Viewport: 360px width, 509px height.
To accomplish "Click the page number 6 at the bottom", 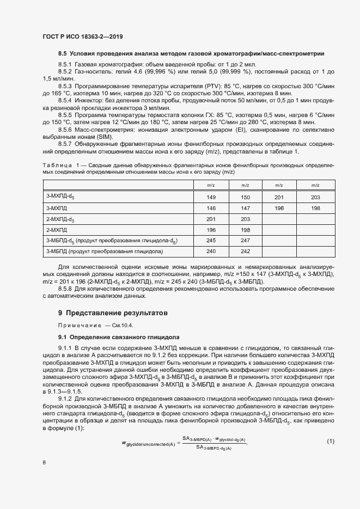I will coord(44,462).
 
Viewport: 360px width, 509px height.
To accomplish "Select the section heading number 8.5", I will coord(62,54).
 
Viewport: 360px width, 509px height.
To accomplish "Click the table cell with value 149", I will coord(211,197).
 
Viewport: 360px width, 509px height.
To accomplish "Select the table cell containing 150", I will coord(245,197).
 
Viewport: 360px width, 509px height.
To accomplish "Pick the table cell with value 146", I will coord(211,208).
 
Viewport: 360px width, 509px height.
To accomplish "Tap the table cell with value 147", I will coord(245,208).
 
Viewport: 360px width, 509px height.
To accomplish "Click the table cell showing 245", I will coord(211,241).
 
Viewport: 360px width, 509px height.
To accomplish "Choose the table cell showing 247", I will coord(245,241).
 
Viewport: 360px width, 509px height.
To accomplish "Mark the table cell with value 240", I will coord(211,252).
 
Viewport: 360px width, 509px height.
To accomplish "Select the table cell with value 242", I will coord(245,252).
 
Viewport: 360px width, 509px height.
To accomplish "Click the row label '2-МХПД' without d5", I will coord(57,230).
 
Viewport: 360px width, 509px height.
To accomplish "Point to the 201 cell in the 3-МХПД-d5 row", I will coord(279,197).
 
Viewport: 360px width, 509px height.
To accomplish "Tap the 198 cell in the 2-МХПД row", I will coord(245,230).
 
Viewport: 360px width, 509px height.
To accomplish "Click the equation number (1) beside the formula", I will coord(330,440).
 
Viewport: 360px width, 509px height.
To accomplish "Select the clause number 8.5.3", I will coord(66,87).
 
